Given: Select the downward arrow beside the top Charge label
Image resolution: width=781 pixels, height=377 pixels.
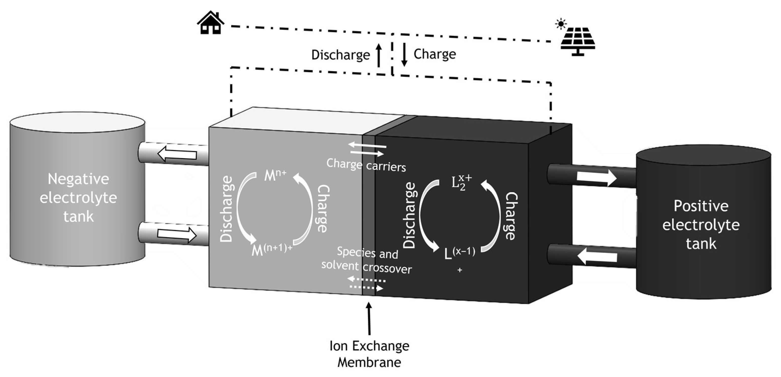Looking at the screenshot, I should [404, 54].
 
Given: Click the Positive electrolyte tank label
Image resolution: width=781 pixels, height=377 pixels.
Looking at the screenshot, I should [701, 225].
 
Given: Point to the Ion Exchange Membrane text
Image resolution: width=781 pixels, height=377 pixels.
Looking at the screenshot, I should [369, 354].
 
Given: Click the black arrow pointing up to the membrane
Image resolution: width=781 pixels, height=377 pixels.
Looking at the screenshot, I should [369, 318].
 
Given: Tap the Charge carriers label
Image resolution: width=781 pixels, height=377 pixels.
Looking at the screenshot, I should [366, 165].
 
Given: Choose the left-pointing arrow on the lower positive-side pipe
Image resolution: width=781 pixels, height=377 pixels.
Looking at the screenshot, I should [597, 257].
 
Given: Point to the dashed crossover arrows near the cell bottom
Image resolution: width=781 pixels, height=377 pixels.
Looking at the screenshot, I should [366, 284].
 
